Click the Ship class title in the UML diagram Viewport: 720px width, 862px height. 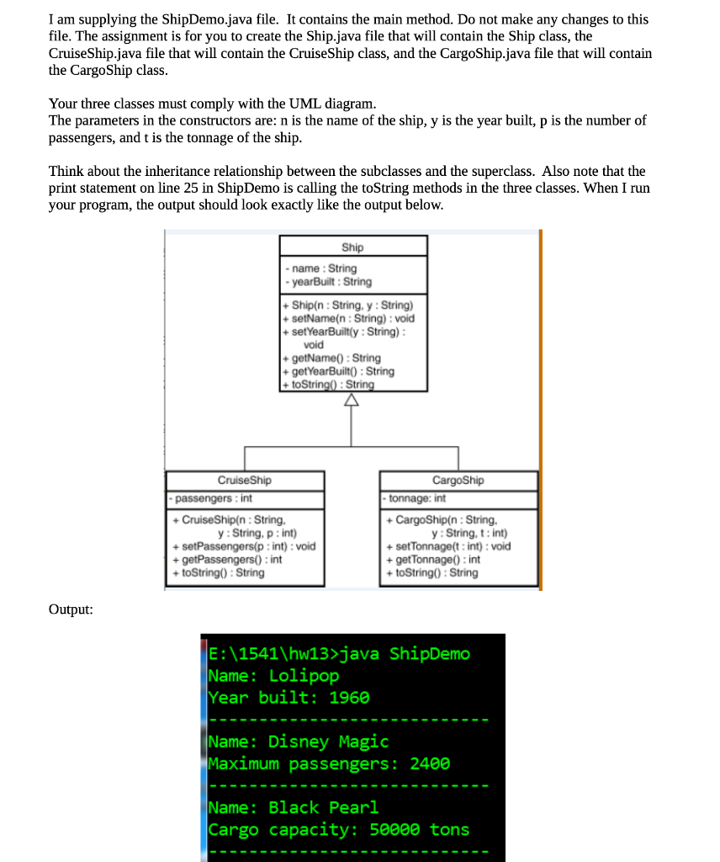(353, 247)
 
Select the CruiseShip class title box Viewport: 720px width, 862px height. (245, 481)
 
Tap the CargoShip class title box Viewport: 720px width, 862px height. (458, 481)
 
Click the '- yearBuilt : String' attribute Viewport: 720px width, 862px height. (330, 282)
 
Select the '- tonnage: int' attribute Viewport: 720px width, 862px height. (416, 498)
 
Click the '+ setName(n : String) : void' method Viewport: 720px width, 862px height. (349, 318)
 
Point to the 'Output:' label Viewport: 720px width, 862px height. (71, 609)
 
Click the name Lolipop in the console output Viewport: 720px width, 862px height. (304, 676)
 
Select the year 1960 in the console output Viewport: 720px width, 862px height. (349, 698)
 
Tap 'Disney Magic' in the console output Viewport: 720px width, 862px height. (328, 742)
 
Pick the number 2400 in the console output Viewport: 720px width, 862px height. (430, 764)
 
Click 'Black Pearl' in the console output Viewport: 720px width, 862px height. (324, 807)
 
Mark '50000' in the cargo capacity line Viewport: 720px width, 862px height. (394, 829)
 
